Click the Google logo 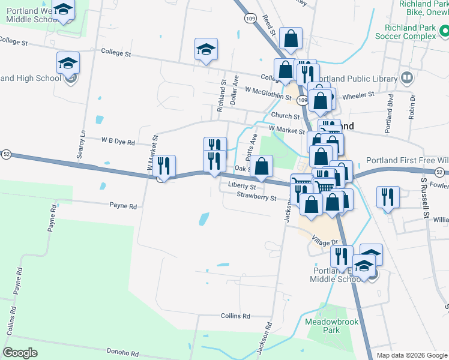[x=20, y=353]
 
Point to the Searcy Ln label [x=82, y=145]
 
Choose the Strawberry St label [x=256, y=196]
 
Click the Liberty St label [x=242, y=187]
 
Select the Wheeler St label [x=358, y=94]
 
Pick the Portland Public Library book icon [x=407, y=79]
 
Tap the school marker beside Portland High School [x=68, y=63]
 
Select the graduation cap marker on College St [x=206, y=50]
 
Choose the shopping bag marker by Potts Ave [x=262, y=166]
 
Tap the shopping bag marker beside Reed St [x=291, y=39]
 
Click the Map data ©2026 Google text [x=412, y=355]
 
